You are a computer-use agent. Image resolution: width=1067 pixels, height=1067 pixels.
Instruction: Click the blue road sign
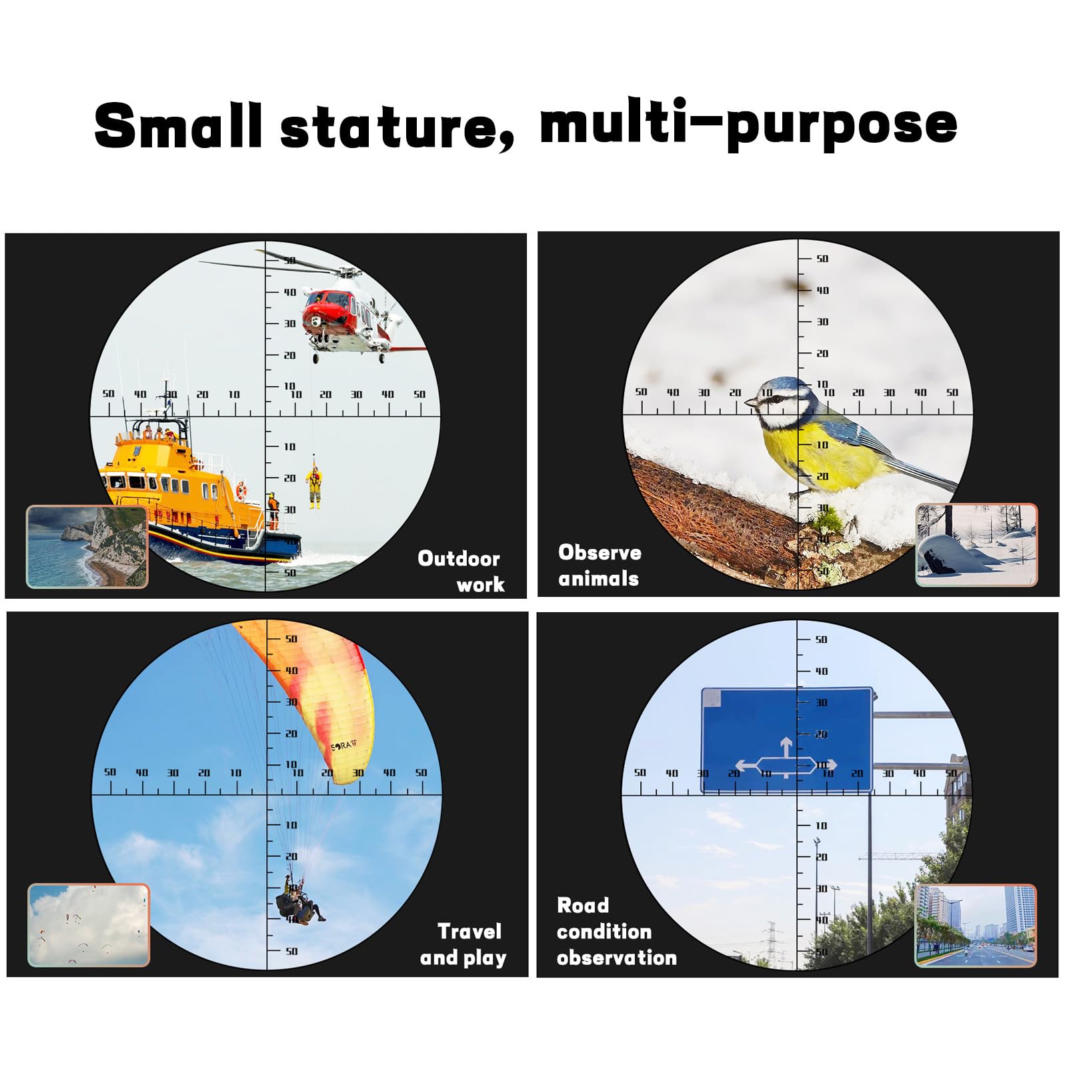click(x=787, y=740)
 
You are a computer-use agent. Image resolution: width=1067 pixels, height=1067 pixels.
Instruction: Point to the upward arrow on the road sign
click(x=786, y=747)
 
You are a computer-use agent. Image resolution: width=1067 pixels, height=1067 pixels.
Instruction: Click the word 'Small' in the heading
click(x=178, y=125)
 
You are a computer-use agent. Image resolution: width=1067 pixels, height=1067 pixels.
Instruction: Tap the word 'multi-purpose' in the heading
click(x=748, y=123)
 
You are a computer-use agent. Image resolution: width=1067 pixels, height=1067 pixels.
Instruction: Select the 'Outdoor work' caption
click(x=459, y=572)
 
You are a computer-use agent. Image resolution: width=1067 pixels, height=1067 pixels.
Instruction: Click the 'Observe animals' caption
click(x=600, y=566)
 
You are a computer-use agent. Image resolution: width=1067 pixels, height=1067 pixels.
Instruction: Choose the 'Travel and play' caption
click(x=463, y=944)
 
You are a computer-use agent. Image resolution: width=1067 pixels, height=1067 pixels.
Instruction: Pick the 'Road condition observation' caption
click(x=617, y=932)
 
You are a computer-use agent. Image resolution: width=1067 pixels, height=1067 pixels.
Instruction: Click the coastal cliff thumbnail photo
click(x=87, y=547)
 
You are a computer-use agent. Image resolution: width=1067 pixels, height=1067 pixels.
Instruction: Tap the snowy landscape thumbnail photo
click(x=977, y=545)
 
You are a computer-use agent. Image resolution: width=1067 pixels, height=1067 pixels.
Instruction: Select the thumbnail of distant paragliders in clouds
click(x=89, y=925)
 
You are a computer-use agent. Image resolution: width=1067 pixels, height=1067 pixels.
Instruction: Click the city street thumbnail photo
click(x=976, y=925)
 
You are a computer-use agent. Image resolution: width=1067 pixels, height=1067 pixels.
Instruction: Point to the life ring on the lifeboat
click(x=241, y=491)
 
